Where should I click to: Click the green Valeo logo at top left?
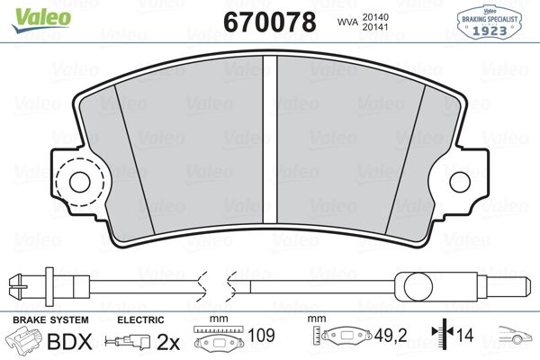(x=41, y=20)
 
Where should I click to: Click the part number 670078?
(x=270, y=22)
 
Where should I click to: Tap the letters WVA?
(x=347, y=22)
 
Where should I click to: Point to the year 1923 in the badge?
(x=490, y=31)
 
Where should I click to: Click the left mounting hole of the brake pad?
(x=79, y=182)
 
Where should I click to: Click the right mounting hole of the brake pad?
(x=460, y=182)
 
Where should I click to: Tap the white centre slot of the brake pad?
(x=270, y=139)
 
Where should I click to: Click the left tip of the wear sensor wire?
(x=9, y=285)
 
